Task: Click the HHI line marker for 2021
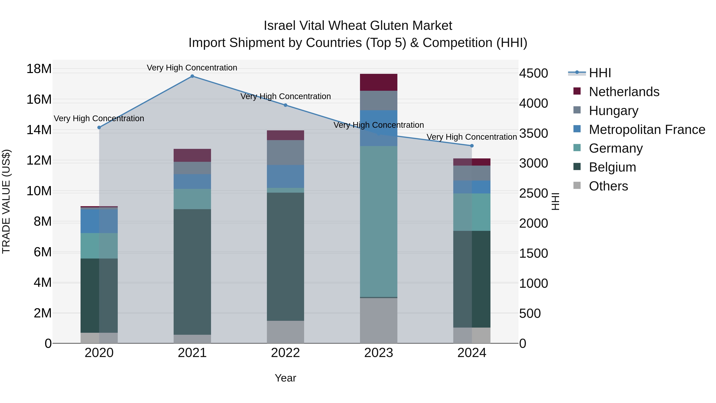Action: coord(192,76)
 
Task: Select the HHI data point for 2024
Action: coord(472,146)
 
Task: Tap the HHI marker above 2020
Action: coord(99,128)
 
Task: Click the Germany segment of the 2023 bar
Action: coord(378,221)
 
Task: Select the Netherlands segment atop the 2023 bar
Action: coord(378,82)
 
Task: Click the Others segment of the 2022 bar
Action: coord(285,332)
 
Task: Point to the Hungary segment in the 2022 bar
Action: coord(285,152)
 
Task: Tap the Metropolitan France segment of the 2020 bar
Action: coord(99,221)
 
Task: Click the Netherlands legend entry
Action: coord(624,92)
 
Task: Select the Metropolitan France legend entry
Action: coord(647,130)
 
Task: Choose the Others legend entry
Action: coord(608,186)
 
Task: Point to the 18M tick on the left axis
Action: coord(39,69)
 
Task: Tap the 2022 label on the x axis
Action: coord(285,353)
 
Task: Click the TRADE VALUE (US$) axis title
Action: coord(6,201)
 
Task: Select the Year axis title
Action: coord(285,378)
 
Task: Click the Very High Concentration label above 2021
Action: coord(192,68)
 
